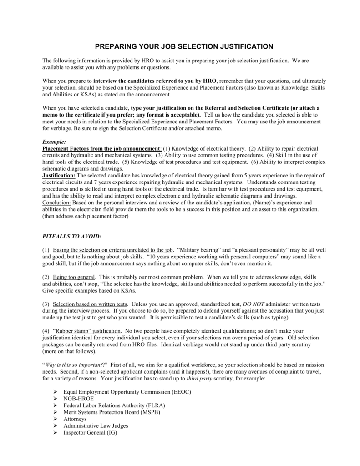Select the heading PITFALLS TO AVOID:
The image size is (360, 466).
[71, 237]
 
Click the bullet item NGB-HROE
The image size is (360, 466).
[78, 398]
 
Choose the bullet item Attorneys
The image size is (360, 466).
[75, 419]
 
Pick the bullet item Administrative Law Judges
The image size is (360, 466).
[96, 425]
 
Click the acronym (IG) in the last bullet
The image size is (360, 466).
[112, 432]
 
